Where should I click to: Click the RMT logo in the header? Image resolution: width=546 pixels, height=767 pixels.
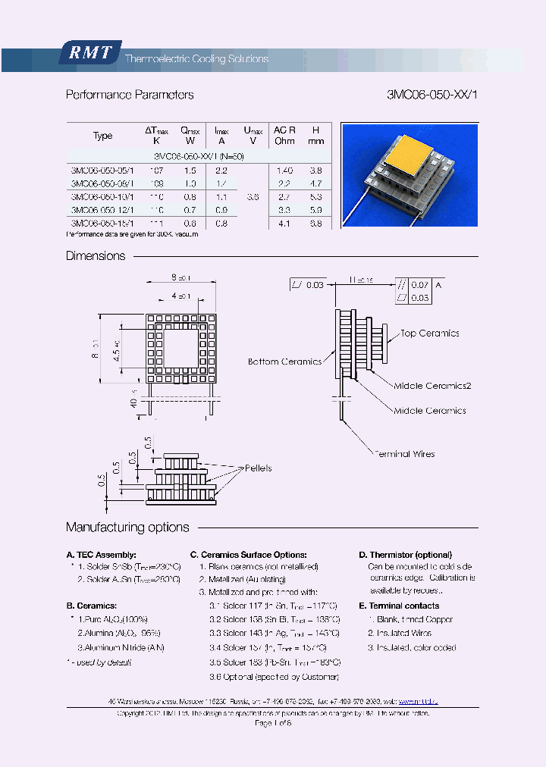90,53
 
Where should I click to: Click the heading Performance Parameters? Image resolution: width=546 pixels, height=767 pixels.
130,95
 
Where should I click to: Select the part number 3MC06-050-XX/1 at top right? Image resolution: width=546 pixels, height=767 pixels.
432,95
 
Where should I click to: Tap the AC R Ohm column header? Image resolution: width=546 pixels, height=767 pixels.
284,136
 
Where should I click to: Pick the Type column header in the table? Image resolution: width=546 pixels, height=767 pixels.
102,136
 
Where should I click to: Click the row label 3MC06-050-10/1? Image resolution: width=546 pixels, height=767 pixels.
102,196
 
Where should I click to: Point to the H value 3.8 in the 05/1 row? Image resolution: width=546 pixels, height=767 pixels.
316,171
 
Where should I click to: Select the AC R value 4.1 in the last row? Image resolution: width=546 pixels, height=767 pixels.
284,224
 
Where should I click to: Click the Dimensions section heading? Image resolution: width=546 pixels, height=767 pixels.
96,256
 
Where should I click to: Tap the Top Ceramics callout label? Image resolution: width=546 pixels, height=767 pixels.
429,333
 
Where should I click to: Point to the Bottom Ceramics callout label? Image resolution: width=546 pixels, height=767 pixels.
284,362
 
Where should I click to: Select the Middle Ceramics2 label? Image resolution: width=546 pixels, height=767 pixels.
432,387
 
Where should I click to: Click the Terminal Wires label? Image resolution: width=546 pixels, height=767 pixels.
404,454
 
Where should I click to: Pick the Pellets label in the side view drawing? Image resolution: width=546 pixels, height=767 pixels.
258,468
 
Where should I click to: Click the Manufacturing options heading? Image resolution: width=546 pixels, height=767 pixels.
127,528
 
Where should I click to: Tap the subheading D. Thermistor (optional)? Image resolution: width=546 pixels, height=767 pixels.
405,555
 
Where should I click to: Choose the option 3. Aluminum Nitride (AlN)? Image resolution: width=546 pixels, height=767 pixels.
121,647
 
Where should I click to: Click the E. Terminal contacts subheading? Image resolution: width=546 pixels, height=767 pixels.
399,606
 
